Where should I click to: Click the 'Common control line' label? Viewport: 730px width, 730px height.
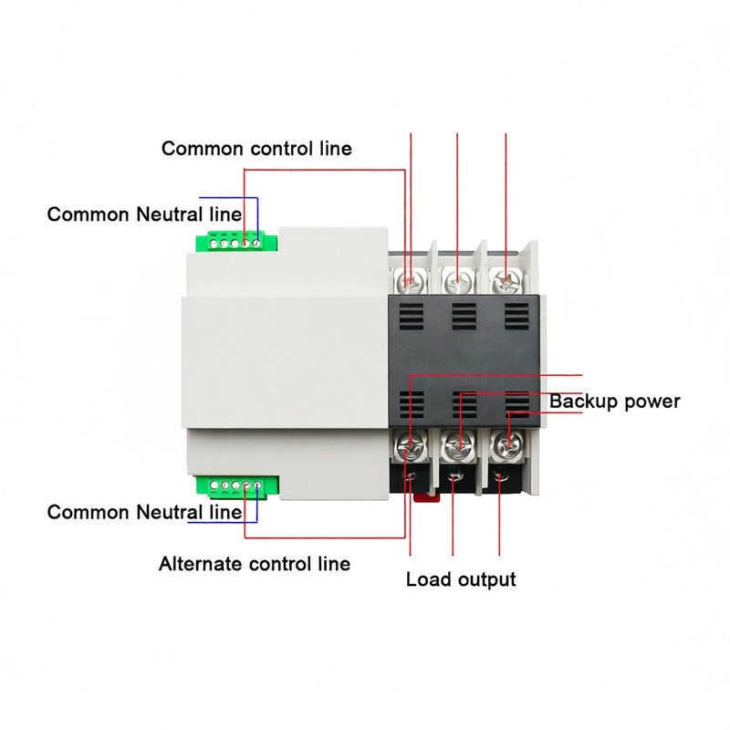pyautogui.click(x=256, y=149)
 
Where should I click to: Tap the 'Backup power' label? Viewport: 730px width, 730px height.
pyautogui.click(x=614, y=401)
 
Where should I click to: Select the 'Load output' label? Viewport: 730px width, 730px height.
pyautogui.click(x=461, y=579)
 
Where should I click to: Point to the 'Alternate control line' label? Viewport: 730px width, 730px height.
pyautogui.click(x=255, y=564)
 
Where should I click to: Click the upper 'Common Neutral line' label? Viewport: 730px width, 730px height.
pyautogui.click(x=144, y=214)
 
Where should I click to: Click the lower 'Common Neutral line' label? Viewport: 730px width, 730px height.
pyautogui.click(x=144, y=512)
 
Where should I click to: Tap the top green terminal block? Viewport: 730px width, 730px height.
pyautogui.click(x=236, y=241)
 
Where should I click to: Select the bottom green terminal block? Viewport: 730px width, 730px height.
pyautogui.click(x=237, y=486)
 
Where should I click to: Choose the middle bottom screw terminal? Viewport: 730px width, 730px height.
pyautogui.click(x=459, y=445)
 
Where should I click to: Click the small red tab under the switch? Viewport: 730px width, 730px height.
pyautogui.click(x=426, y=497)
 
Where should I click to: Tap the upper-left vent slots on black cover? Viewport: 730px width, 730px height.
pyautogui.click(x=412, y=317)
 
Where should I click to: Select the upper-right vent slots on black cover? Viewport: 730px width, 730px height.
pyautogui.click(x=516, y=317)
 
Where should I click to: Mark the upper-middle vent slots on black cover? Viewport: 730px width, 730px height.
pyautogui.click(x=464, y=317)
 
